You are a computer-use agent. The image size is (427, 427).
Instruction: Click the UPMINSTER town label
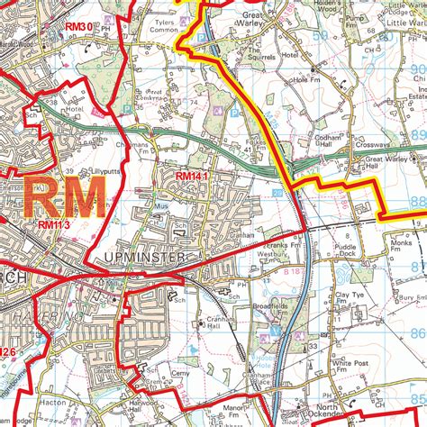144,259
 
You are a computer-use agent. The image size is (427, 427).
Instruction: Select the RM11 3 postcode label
53,224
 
